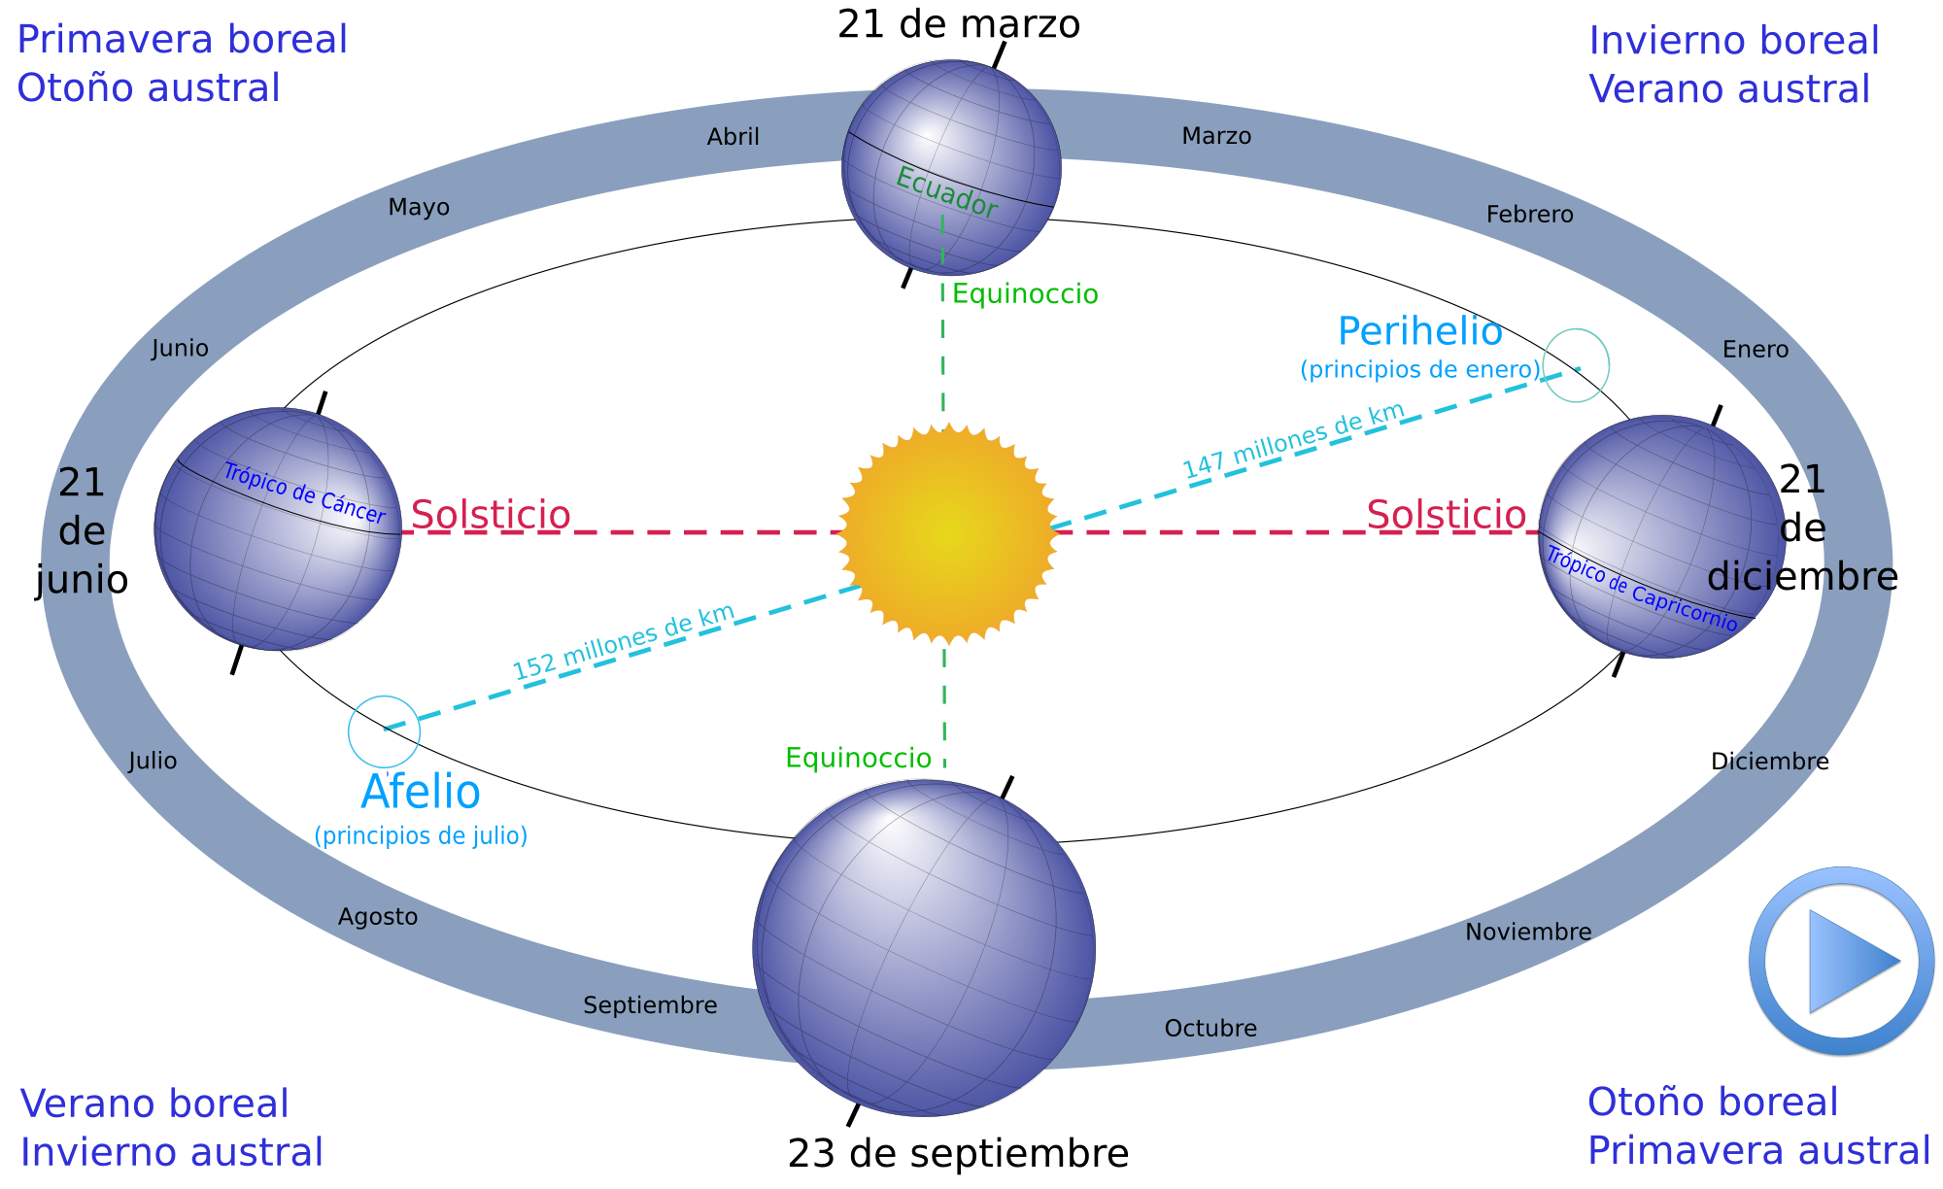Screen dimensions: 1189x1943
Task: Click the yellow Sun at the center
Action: (947, 532)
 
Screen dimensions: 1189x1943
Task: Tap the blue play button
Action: (1842, 961)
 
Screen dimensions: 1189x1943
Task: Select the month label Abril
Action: (733, 137)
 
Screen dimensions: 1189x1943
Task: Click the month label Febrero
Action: (1529, 214)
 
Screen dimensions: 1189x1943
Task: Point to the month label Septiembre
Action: (650, 1005)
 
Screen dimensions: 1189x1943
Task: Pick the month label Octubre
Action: (1210, 1028)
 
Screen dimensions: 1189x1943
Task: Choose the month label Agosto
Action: (378, 917)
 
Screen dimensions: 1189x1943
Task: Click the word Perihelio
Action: (1419, 331)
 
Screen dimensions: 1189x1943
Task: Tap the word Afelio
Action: (421, 792)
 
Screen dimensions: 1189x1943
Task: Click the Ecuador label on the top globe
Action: (946, 192)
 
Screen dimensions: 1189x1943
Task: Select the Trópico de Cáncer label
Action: (304, 493)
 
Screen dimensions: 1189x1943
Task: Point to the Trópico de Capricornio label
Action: (1642, 589)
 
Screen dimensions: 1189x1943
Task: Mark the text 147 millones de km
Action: (1293, 440)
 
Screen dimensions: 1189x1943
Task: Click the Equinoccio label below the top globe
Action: (1025, 294)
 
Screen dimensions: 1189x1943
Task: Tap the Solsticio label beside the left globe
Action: (491, 515)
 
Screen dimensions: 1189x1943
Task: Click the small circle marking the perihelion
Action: (1576, 365)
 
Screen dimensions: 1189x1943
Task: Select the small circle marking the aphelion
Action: (384, 730)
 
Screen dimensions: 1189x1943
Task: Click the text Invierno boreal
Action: (1734, 41)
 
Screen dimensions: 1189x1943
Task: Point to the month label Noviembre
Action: (1528, 933)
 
